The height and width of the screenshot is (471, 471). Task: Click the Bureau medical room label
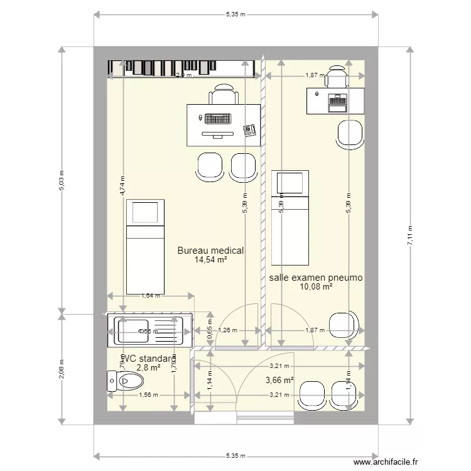[x=210, y=251]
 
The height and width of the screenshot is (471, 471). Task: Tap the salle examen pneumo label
[x=316, y=278]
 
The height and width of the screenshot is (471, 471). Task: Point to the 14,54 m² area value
[x=210, y=260]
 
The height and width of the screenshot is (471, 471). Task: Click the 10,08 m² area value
[x=316, y=287]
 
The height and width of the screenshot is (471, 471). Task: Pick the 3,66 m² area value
[x=279, y=380]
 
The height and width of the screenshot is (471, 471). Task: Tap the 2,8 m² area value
[x=149, y=368]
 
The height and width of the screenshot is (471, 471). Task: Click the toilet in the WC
[x=126, y=380]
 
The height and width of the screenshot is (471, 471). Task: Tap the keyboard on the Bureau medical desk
[x=217, y=118]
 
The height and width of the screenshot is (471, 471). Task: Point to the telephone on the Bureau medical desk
[x=250, y=129]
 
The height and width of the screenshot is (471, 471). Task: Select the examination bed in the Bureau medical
[x=145, y=246]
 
